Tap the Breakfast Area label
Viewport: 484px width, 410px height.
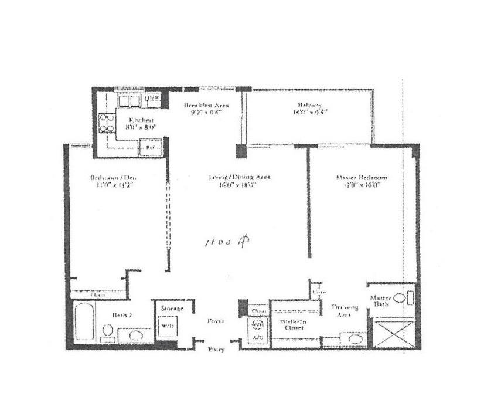[206, 109]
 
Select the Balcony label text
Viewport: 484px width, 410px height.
[308, 109]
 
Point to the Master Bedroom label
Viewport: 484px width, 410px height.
[362, 181]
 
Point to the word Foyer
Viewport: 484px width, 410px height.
[217, 321]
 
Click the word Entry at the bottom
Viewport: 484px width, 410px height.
[217, 350]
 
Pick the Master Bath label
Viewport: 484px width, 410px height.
[381, 301]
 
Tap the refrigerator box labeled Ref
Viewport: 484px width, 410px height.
[149, 148]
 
